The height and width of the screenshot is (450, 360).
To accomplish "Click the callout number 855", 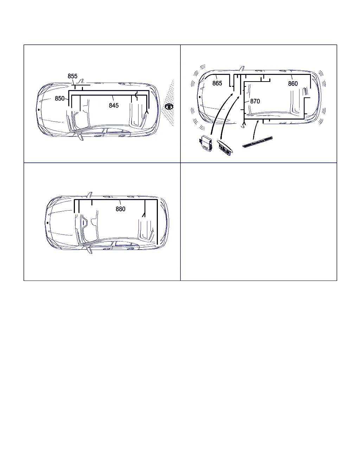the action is (72, 76).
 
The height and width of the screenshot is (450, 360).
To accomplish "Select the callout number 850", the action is (60, 98).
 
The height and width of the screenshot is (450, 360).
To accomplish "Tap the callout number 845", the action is (114, 105).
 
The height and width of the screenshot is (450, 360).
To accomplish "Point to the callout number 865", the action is (217, 83).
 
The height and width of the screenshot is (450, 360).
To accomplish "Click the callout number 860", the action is (292, 84).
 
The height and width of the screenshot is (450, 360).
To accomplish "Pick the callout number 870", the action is (255, 101).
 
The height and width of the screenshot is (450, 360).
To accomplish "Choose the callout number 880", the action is (121, 209).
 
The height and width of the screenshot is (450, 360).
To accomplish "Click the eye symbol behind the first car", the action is (169, 107).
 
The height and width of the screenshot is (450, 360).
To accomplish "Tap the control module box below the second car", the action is (206, 143).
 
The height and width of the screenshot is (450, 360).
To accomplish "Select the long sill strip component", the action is (257, 142).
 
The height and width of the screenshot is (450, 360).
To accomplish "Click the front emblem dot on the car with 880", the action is (47, 223).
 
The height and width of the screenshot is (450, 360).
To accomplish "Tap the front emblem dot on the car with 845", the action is (39, 110).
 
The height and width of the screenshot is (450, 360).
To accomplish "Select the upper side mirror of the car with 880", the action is (90, 195).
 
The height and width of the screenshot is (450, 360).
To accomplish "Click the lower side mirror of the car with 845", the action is (81, 137).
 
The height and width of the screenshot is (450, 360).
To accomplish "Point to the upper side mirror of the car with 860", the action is (242, 69).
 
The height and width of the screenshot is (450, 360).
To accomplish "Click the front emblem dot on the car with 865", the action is (200, 97).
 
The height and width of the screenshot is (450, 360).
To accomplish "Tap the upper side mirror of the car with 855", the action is (81, 81).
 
